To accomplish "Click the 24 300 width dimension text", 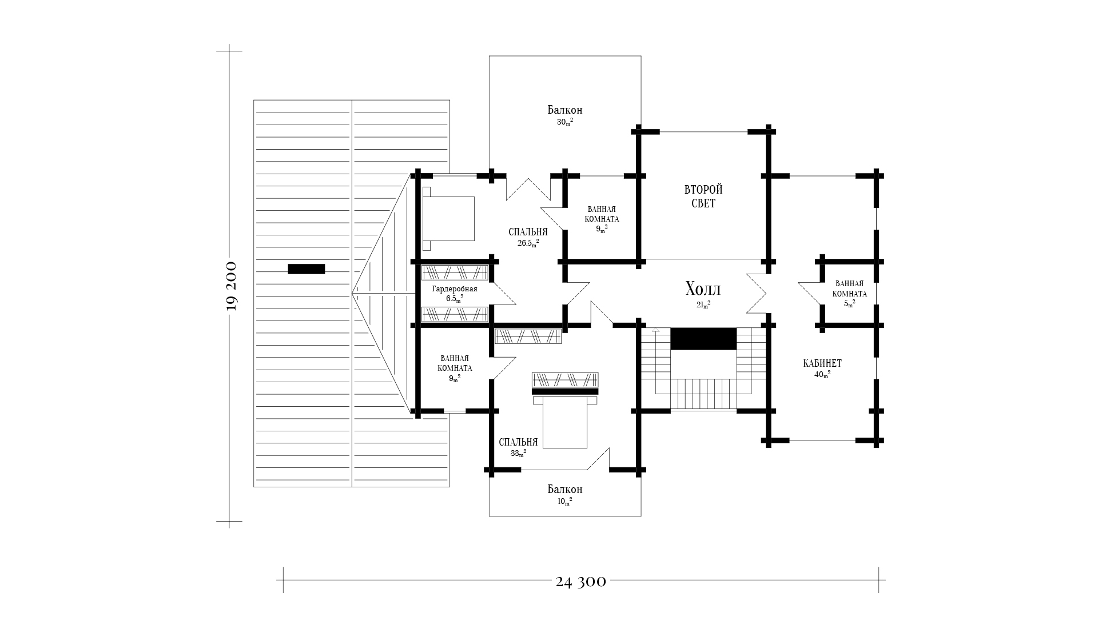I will point(580,582).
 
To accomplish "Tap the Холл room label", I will point(703,289).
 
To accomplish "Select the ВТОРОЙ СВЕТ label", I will point(703,196).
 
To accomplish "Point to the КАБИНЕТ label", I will point(822,363).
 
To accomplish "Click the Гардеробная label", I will point(455,289).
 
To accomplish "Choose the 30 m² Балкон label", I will point(564,110).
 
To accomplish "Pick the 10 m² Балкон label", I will point(564,490).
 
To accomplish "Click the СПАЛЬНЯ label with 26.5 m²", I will point(528,232).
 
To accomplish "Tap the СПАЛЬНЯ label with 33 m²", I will point(518,442).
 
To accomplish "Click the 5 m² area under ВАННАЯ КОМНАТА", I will point(850,304).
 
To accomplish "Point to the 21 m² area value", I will point(703,305).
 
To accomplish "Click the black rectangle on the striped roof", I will point(306,269).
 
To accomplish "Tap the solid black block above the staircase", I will point(703,339).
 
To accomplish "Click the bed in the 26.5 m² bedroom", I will point(449,218).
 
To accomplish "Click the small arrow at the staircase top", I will point(655,330).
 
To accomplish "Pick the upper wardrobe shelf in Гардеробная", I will point(455,272).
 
